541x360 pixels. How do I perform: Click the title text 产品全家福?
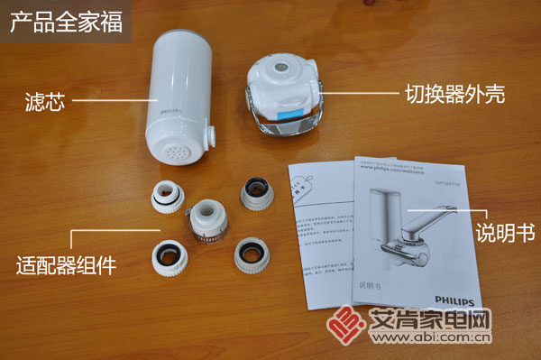(66, 23)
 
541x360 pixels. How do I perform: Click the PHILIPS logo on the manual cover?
(448, 291)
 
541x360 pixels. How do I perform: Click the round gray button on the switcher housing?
(282, 68)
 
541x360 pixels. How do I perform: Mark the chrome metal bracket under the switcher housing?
(281, 123)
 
